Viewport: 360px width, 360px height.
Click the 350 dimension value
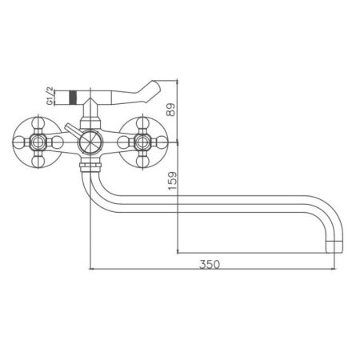(x=210, y=264)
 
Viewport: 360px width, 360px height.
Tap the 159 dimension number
(x=173, y=181)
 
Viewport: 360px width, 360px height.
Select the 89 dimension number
(x=171, y=110)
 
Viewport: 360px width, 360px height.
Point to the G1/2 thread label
(x=50, y=96)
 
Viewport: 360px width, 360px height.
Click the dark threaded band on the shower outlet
(x=73, y=97)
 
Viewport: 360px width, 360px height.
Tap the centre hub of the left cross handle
(x=38, y=142)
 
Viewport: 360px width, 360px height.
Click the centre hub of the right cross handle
(x=142, y=142)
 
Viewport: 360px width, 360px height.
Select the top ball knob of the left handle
(x=38, y=123)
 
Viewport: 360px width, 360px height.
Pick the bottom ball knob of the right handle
(x=142, y=161)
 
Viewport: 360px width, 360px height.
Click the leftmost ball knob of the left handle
(x=19, y=142)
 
